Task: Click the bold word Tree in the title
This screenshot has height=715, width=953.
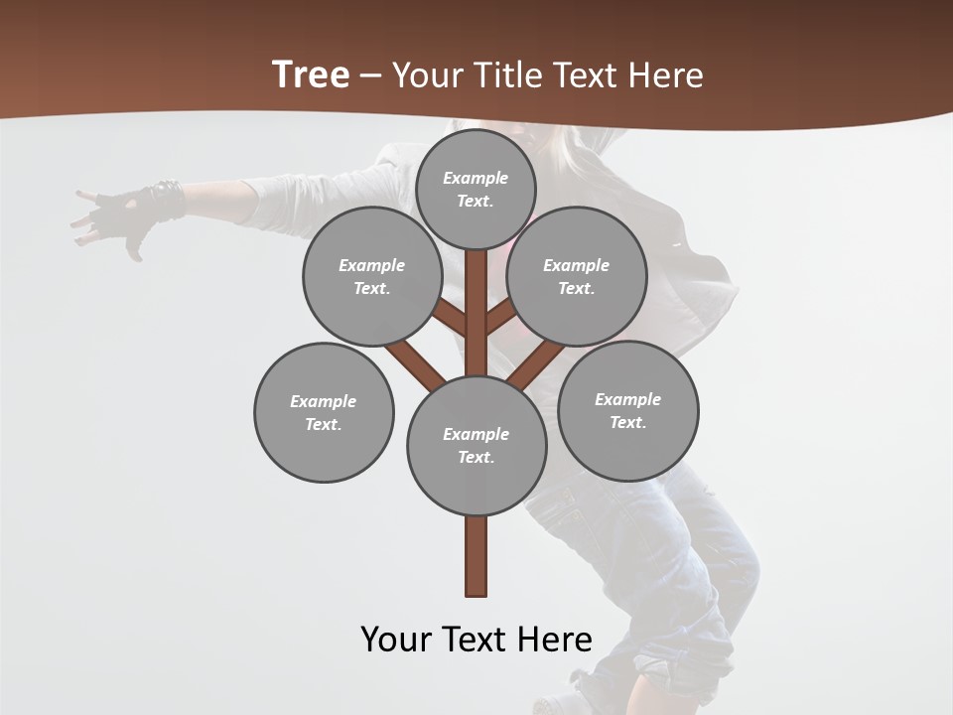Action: click(x=311, y=75)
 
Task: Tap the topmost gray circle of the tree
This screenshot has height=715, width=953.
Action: click(x=476, y=189)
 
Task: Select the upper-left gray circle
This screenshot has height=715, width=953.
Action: click(x=372, y=276)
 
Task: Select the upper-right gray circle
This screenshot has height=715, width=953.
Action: click(x=577, y=276)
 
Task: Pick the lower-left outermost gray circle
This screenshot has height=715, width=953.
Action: click(x=324, y=412)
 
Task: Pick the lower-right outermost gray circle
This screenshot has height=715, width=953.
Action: click(x=627, y=410)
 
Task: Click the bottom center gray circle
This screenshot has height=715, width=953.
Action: click(x=476, y=445)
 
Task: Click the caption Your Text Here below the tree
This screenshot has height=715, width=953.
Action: click(x=476, y=640)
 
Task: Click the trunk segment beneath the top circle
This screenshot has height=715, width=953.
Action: click(x=476, y=298)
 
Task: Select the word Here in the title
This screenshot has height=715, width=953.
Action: click(x=667, y=75)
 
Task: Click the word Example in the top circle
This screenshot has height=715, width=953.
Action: click(x=476, y=178)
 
